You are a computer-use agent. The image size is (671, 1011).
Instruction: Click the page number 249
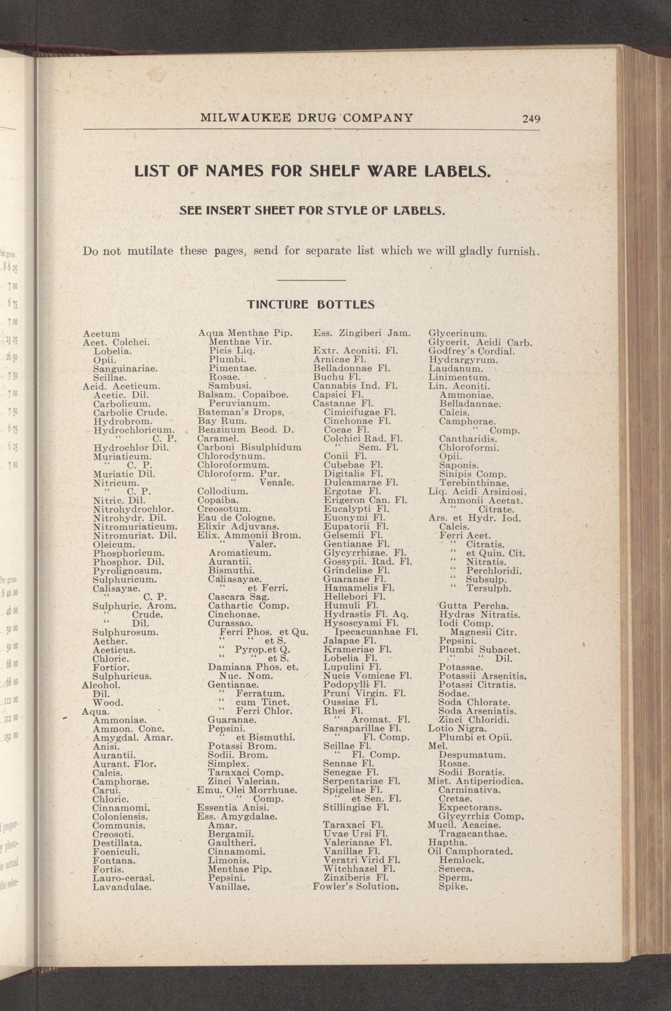click(x=531, y=119)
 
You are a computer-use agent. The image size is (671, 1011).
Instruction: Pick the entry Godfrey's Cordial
click(x=472, y=351)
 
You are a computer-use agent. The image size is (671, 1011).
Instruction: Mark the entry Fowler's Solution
click(x=356, y=887)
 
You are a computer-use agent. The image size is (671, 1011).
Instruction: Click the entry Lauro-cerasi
click(x=123, y=878)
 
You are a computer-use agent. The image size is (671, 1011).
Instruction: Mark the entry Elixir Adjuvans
click(x=238, y=526)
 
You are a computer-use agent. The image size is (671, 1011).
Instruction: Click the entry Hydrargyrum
click(x=463, y=360)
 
